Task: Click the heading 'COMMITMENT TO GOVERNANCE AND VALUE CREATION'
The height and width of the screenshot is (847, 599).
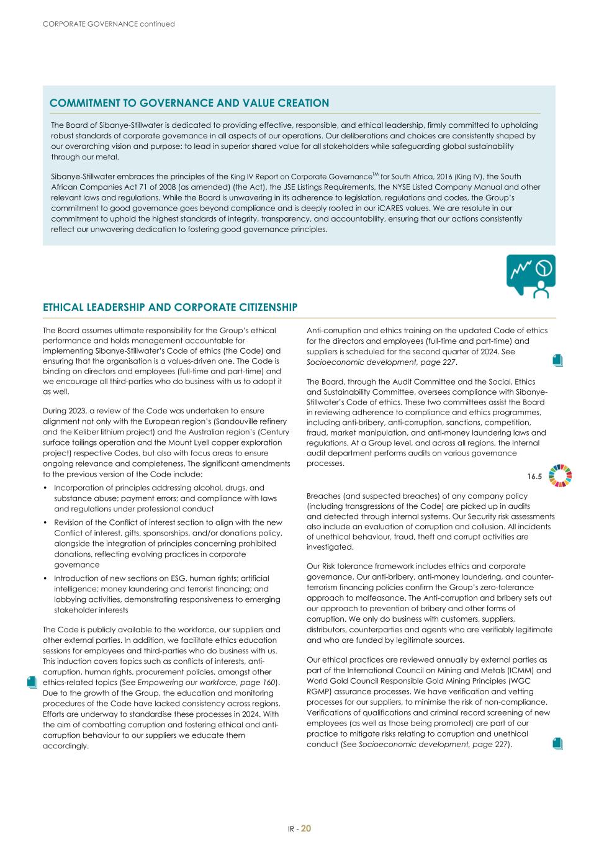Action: coord(189,103)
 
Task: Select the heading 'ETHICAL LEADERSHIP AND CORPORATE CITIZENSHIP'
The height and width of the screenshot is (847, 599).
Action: coord(170,307)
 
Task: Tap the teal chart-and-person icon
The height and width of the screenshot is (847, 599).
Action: coord(531,276)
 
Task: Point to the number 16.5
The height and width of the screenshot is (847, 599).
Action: coord(534,477)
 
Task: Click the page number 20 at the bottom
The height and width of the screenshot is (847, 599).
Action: coord(306,828)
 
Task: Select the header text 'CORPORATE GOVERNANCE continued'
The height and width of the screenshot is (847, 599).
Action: coord(109,24)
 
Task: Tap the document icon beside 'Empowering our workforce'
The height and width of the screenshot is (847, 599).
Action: coord(32,682)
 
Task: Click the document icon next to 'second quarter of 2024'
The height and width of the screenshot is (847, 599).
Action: coord(557,360)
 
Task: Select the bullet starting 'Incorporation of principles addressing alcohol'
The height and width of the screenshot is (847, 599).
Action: coord(165,498)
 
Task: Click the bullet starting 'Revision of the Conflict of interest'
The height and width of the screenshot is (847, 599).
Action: coord(168,544)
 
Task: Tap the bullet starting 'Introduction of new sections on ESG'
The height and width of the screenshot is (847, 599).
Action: coord(166,594)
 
